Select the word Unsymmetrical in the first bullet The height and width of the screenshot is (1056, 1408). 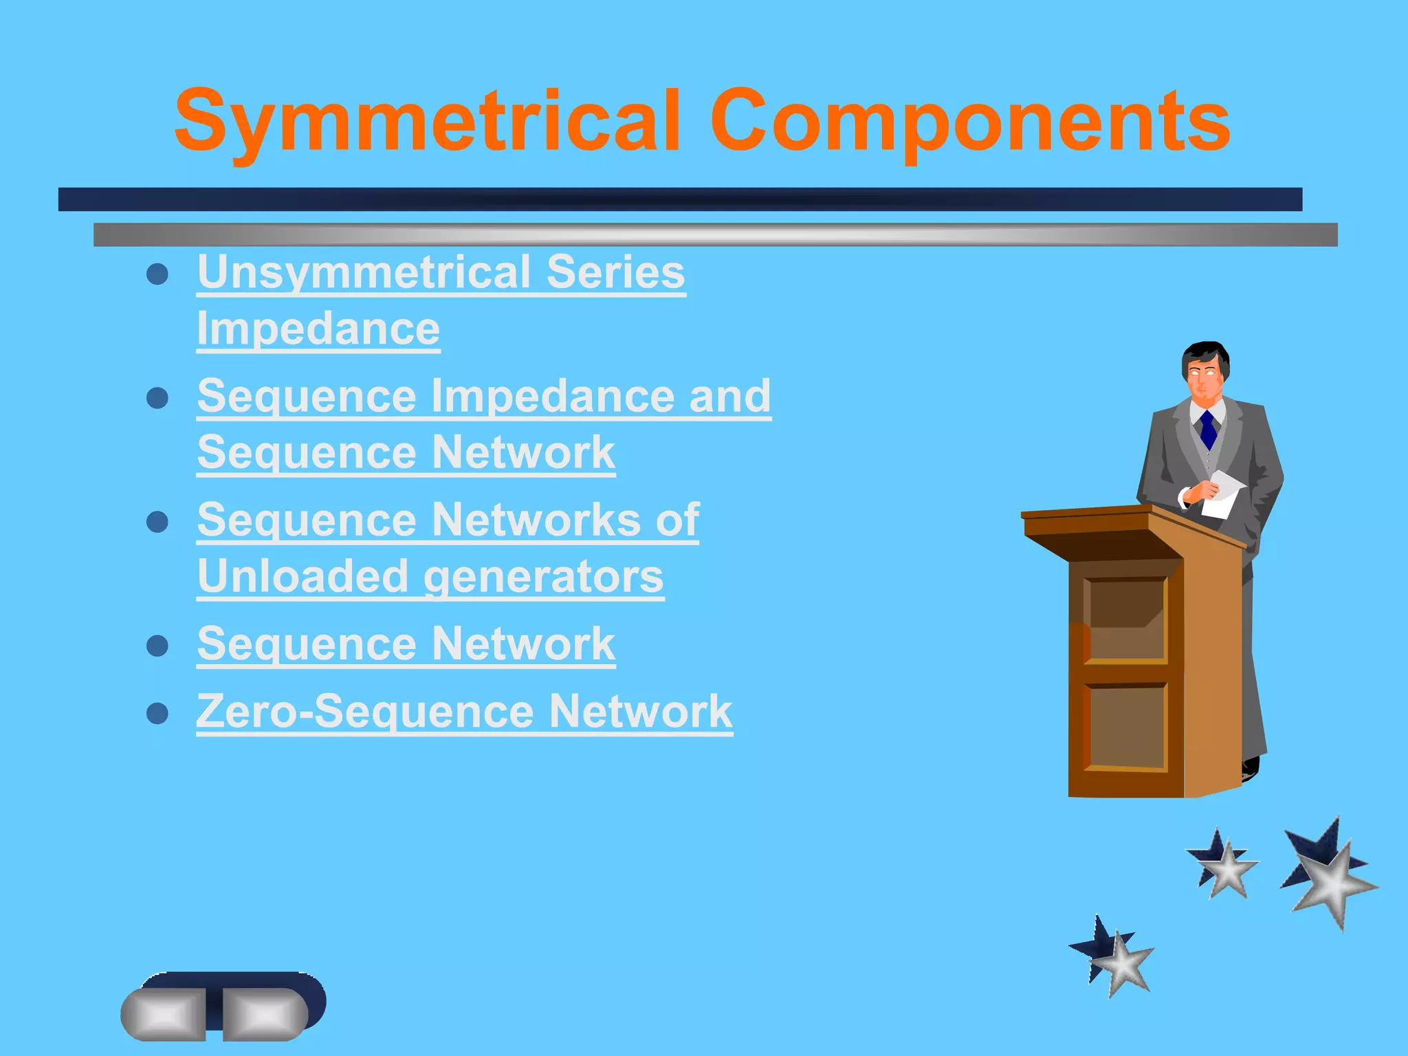(x=363, y=272)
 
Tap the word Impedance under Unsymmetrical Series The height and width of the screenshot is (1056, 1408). (x=318, y=329)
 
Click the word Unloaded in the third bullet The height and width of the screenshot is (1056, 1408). (x=302, y=576)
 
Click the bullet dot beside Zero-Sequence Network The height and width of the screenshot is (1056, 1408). (x=157, y=713)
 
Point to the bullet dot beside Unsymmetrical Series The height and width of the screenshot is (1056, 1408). (x=157, y=274)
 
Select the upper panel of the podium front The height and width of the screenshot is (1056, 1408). (x=1125, y=619)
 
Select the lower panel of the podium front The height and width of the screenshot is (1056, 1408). (x=1125, y=727)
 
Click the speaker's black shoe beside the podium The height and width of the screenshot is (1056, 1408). (x=1251, y=767)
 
